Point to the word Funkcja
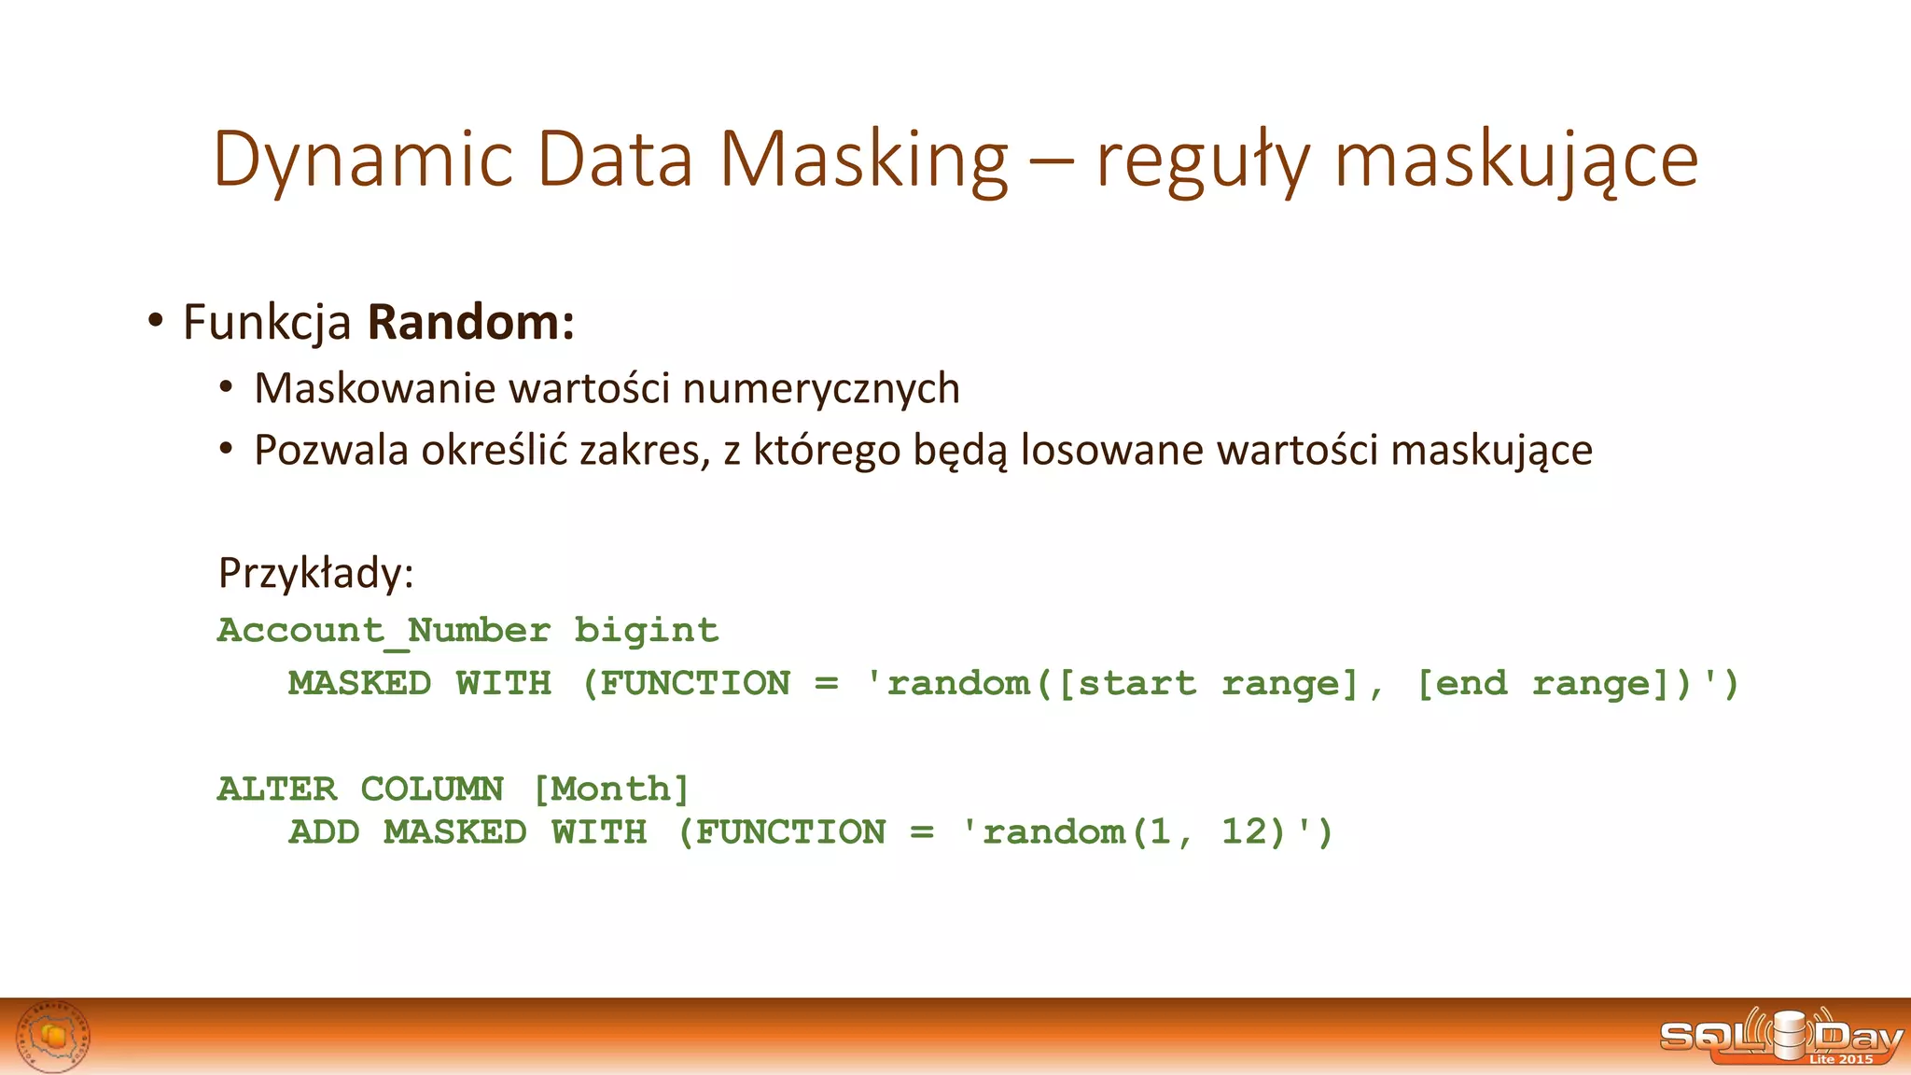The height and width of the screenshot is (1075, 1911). [x=267, y=323]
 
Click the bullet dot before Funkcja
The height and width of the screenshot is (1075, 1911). [x=155, y=321]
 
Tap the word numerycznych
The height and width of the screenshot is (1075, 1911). [x=821, y=388]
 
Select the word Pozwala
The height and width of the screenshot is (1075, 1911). [x=331, y=450]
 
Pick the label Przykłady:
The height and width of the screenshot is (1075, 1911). [x=315, y=572]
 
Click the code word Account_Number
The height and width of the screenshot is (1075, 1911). [x=384, y=631]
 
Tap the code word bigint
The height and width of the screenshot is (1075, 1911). [x=646, y=631]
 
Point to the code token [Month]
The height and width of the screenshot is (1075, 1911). [x=611, y=789]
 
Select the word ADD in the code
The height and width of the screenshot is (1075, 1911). [x=324, y=832]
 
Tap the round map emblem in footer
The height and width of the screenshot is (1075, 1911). [x=54, y=1037]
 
